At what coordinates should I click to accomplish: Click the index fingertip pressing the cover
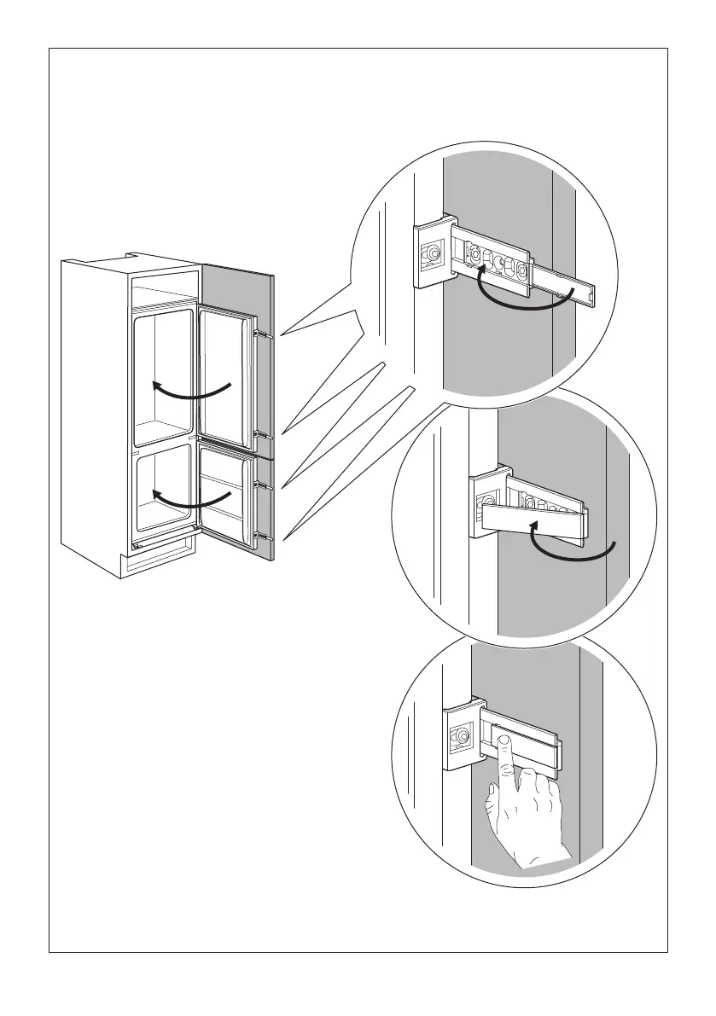(x=505, y=745)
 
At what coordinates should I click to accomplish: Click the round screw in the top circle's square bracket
(x=433, y=253)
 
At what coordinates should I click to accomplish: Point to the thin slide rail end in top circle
(x=589, y=292)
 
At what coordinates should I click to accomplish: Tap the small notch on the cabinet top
(x=132, y=253)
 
